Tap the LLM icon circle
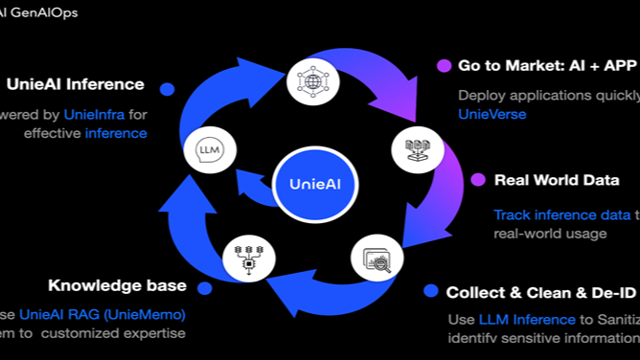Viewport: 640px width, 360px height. tap(210, 150)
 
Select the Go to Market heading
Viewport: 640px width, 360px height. tap(547, 66)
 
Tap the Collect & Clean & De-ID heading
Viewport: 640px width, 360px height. tap(542, 291)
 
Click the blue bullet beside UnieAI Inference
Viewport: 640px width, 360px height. tap(168, 89)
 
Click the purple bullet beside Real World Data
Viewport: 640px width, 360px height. tap(477, 179)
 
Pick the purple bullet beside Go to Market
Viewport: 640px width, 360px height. tap(444, 66)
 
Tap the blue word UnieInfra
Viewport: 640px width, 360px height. tap(94, 114)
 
